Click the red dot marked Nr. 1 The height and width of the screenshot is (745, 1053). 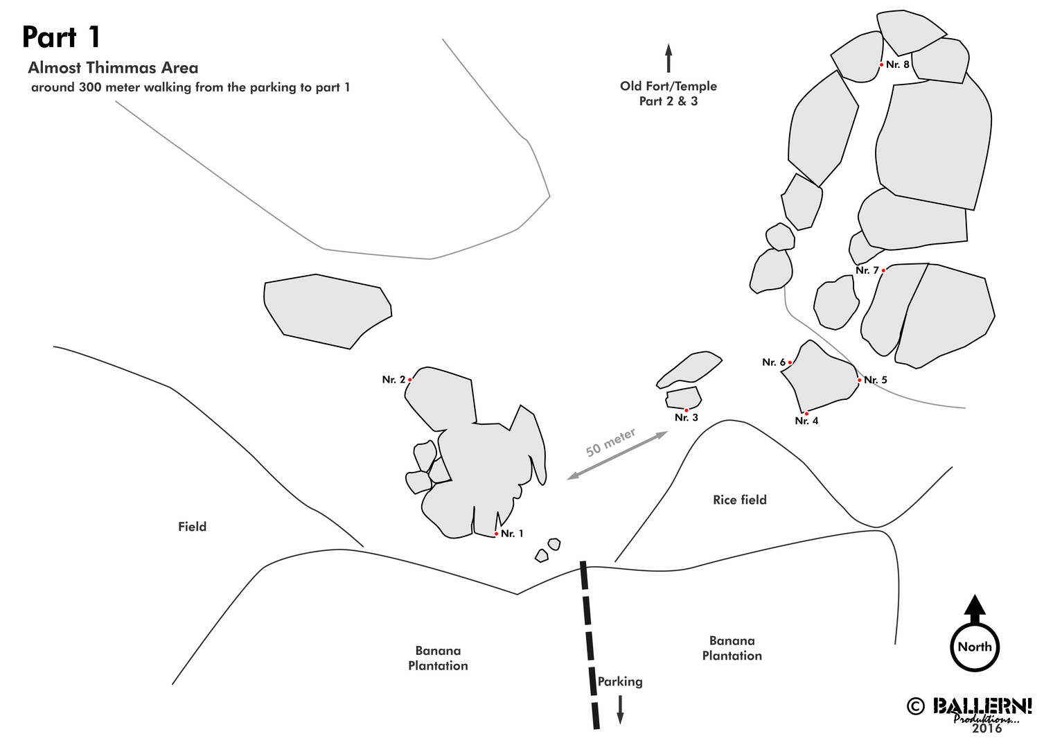[x=496, y=534]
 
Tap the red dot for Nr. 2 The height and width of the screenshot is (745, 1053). [x=410, y=380]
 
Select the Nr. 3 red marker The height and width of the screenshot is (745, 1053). [x=687, y=410]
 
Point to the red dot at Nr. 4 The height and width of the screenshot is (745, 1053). [x=806, y=414]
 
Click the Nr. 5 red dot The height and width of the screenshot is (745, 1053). [x=860, y=380]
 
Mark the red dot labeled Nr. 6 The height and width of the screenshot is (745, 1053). [x=790, y=362]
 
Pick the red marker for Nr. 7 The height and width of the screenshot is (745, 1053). [x=883, y=270]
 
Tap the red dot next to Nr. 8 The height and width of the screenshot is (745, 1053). [x=882, y=64]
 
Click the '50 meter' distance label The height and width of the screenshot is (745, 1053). [x=610, y=443]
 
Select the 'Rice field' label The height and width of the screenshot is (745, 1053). [x=739, y=500]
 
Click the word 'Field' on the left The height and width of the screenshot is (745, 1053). [x=192, y=527]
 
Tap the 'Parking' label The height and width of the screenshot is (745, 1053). [x=620, y=681]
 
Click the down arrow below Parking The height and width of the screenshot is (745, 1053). [x=620, y=710]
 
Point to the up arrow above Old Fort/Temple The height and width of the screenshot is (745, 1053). [x=669, y=58]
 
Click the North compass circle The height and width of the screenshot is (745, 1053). [x=975, y=647]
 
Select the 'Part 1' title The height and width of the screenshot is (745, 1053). [x=62, y=37]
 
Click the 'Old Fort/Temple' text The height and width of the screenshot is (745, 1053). [x=669, y=86]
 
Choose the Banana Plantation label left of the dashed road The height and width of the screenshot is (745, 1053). [x=438, y=658]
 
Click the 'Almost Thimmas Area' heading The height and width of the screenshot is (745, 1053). [x=113, y=68]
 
